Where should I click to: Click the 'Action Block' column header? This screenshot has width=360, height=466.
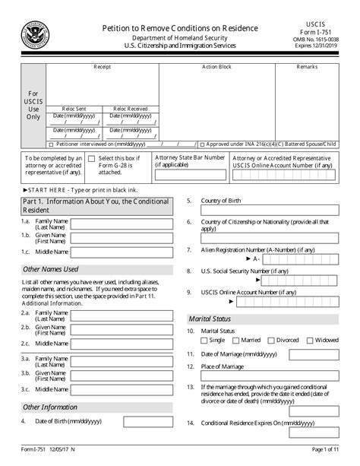pos(216,68)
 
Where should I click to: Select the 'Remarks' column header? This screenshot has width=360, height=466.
pos(308,68)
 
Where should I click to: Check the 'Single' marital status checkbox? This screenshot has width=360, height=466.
pos(203,340)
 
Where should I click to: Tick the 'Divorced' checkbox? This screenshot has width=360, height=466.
pos(272,340)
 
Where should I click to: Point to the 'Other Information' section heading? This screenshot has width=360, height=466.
pos(51,407)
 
